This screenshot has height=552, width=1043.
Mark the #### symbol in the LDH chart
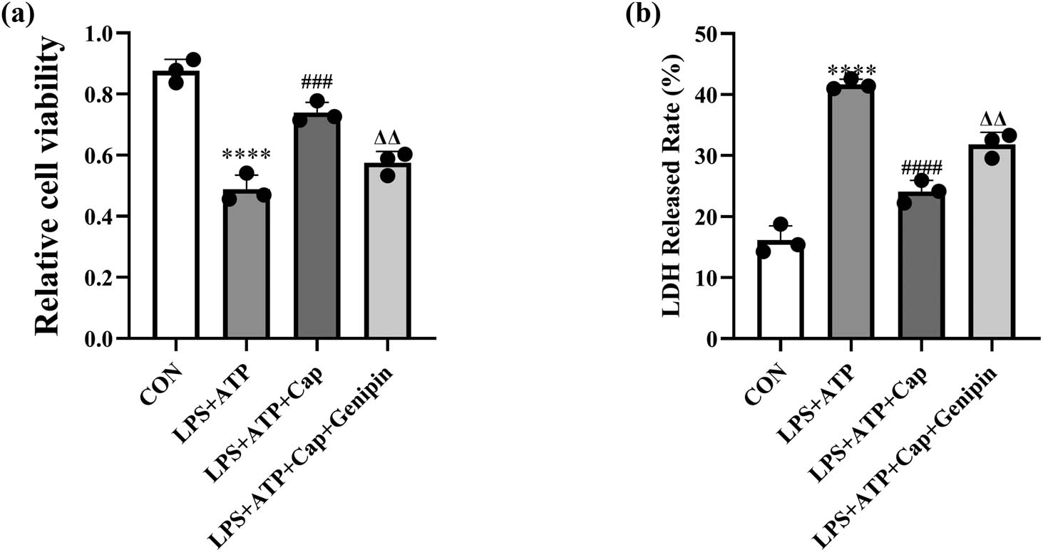click(921, 169)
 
